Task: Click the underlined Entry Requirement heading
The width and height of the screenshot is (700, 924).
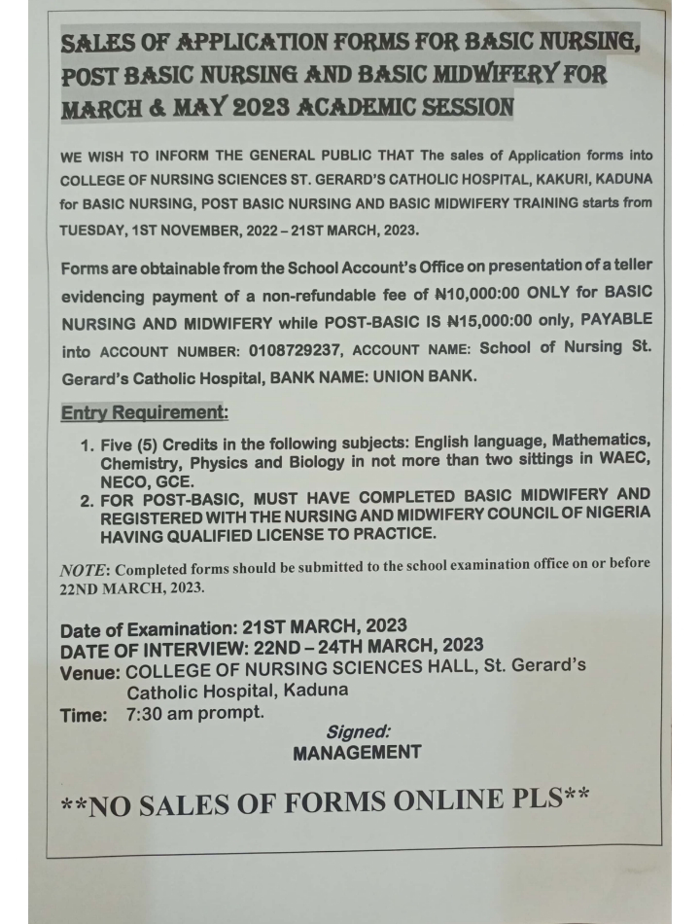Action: [x=145, y=412]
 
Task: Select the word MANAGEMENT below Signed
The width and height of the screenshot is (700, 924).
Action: [x=357, y=752]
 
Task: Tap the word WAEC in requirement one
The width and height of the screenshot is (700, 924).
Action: [x=619, y=463]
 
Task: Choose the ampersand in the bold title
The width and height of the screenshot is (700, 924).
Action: [x=178, y=104]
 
